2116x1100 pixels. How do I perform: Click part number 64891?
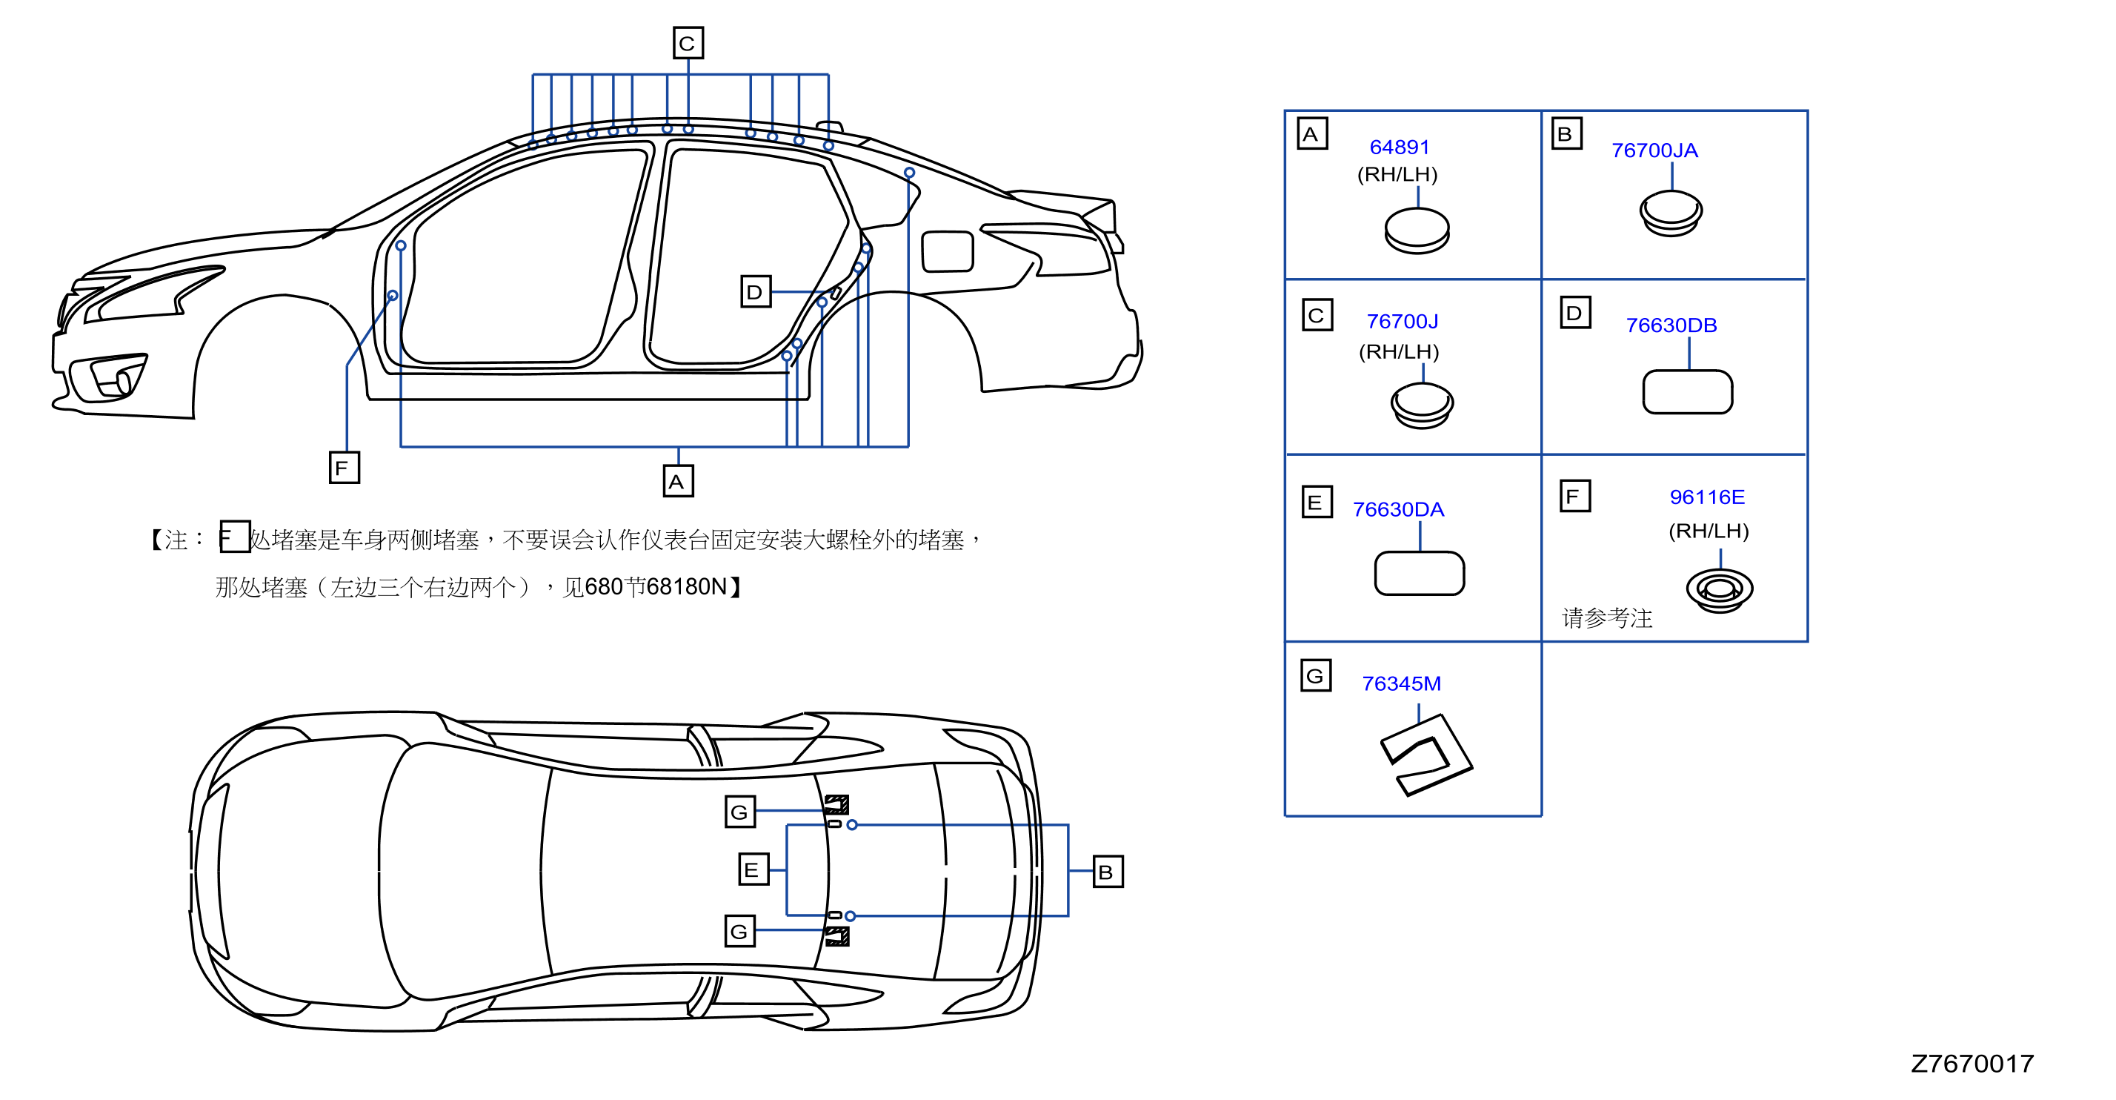point(1399,147)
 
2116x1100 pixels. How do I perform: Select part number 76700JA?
point(1654,150)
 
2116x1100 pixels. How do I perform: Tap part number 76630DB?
point(1671,325)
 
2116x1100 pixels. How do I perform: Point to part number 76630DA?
point(1398,509)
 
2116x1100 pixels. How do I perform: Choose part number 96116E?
point(1707,497)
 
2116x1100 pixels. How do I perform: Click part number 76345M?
point(1401,683)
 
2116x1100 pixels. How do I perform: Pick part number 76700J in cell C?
point(1403,321)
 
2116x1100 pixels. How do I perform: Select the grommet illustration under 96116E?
point(1719,589)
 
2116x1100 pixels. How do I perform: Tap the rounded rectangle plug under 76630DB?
point(1687,392)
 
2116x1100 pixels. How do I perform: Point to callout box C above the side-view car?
point(688,43)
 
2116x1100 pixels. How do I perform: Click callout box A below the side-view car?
point(678,480)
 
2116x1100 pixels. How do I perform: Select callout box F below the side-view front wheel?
point(345,468)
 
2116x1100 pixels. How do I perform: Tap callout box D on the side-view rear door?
point(756,291)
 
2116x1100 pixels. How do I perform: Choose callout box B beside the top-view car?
point(1108,872)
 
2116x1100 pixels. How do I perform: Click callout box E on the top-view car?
point(753,869)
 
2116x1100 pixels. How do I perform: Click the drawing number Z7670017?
point(1972,1064)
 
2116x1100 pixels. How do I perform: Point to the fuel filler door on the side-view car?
point(947,251)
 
